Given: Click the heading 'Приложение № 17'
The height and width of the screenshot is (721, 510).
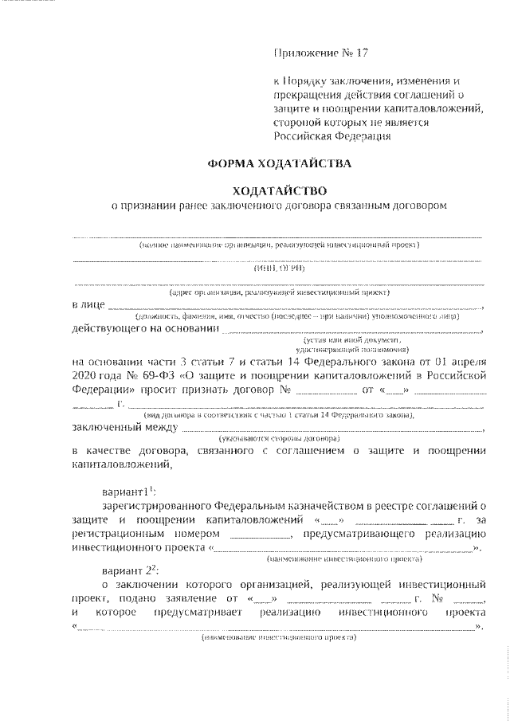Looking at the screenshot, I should point(322,54).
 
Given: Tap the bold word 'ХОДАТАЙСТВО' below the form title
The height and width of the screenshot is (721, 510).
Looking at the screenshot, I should point(278,190).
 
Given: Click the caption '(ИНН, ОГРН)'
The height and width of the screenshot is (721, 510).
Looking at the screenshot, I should point(279,268).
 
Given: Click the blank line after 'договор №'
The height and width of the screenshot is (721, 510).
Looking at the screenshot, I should point(326,390).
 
